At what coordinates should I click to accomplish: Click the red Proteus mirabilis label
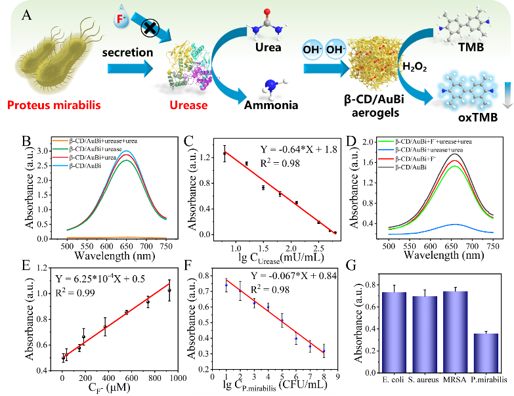53,104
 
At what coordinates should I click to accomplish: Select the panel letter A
28,15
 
